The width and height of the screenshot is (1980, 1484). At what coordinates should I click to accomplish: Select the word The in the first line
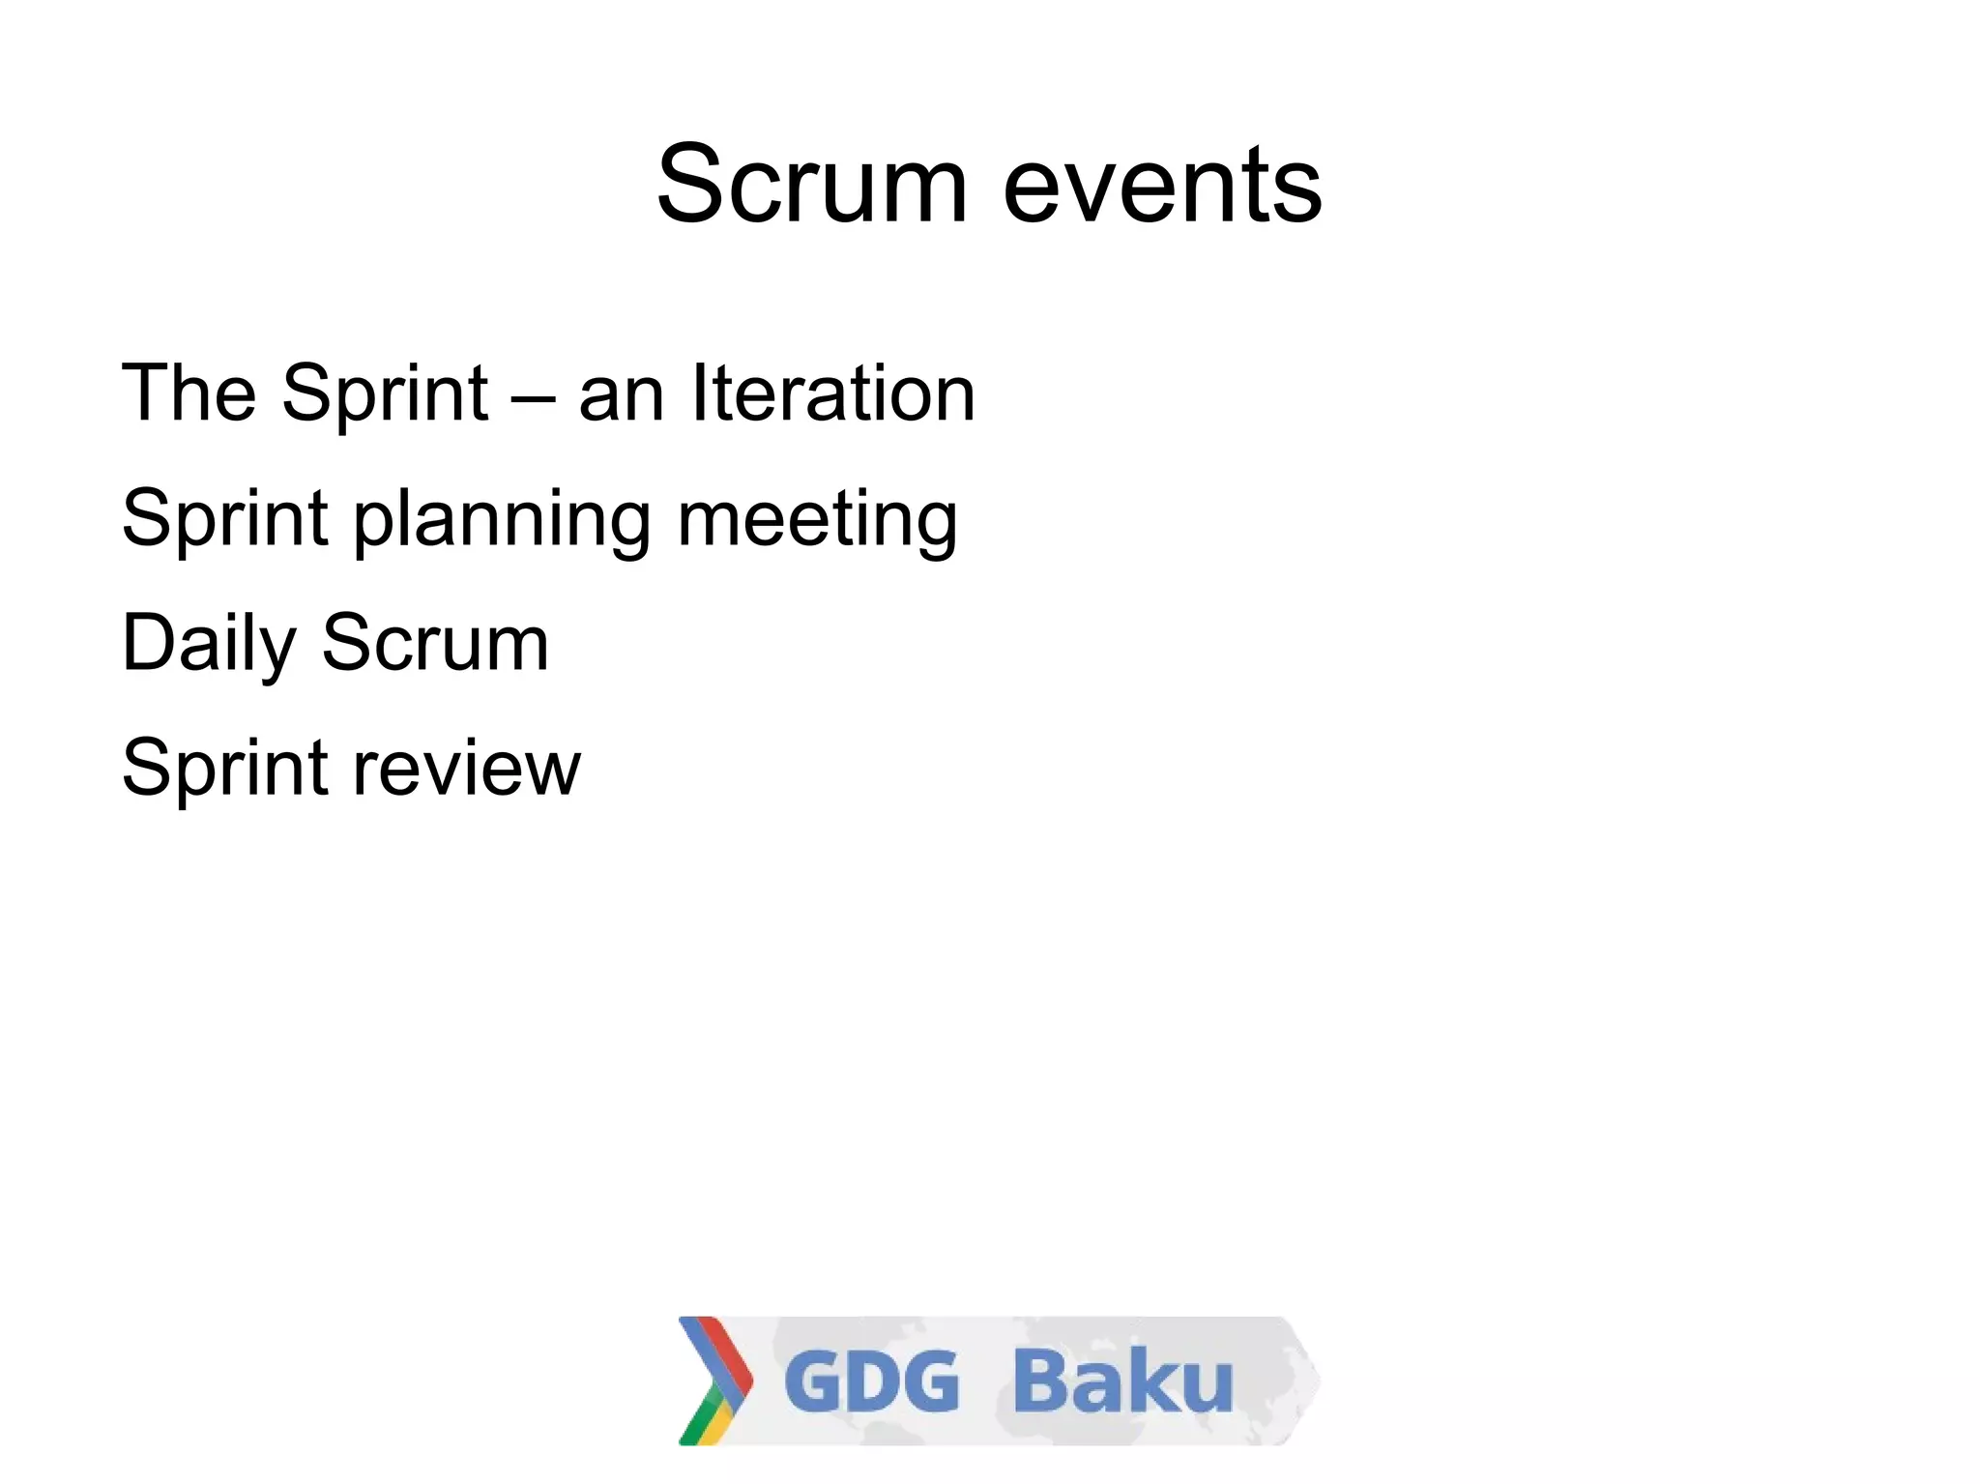coord(189,393)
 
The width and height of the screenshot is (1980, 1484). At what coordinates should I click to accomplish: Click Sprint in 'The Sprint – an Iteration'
coord(385,394)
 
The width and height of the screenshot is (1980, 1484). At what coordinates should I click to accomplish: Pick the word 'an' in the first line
coord(621,396)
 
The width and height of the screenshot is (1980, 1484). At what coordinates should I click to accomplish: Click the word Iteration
coord(833,393)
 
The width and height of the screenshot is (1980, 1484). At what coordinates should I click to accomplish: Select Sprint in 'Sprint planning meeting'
coord(225,520)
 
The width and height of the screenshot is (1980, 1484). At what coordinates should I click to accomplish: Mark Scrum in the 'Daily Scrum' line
coord(435,642)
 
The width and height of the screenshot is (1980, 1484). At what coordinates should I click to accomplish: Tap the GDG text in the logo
coord(871,1382)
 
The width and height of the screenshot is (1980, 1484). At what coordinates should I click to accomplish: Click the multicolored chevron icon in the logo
coord(714,1380)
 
